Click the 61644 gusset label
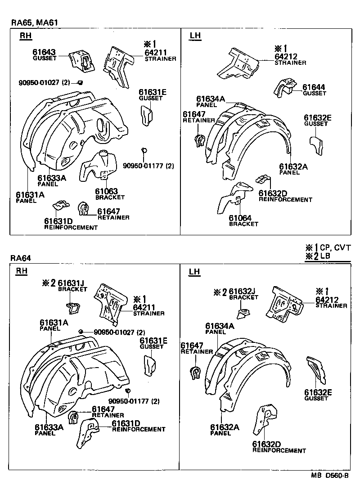[x=314, y=87]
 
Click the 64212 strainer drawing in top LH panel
[x=238, y=63]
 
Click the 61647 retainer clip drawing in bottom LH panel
[x=195, y=373]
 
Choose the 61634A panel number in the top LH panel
[x=210, y=99]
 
